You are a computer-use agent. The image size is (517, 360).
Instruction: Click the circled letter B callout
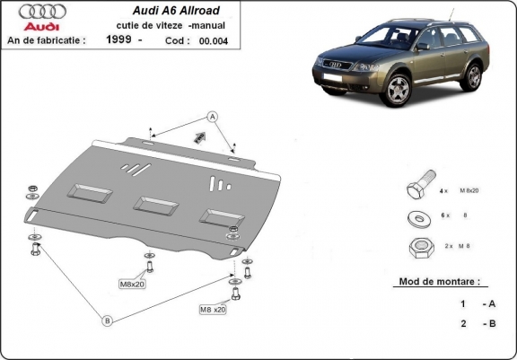106,320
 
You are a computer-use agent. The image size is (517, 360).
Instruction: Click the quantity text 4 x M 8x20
460,191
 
